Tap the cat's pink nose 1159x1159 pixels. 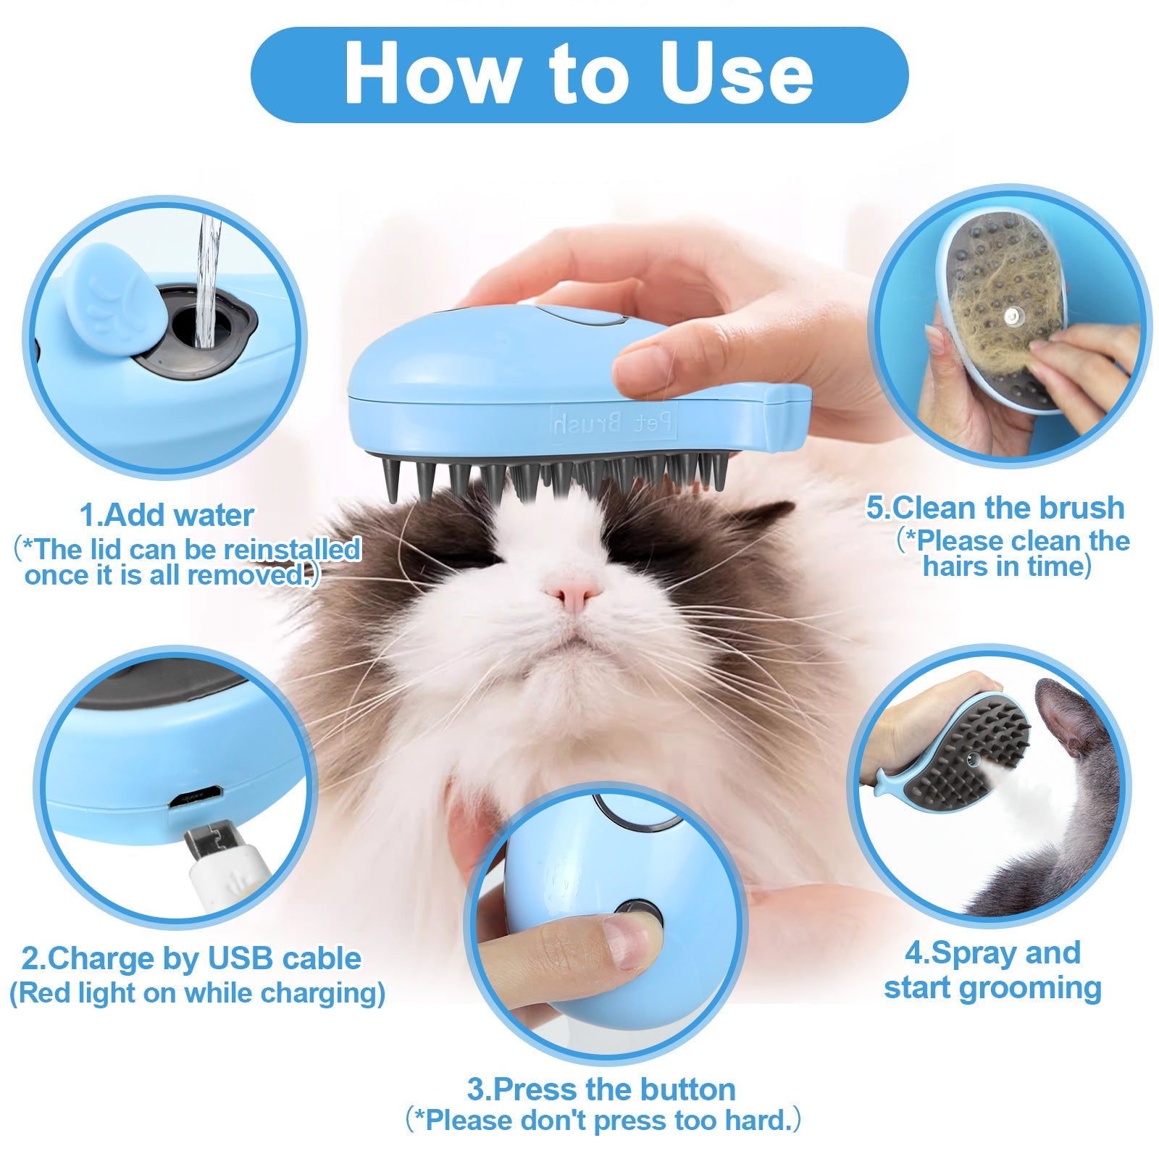click(573, 594)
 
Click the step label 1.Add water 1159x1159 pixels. click(167, 516)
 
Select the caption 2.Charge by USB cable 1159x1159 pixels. click(191, 958)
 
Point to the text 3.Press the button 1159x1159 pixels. click(601, 1089)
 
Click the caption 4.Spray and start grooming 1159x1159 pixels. click(992, 971)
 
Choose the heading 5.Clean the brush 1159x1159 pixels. click(995, 508)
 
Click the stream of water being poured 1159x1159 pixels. click(209, 275)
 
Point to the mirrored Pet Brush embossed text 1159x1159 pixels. click(614, 422)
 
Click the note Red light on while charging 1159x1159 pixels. click(197, 992)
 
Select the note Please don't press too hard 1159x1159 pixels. click(603, 1120)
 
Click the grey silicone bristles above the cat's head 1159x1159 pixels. click(551, 474)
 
